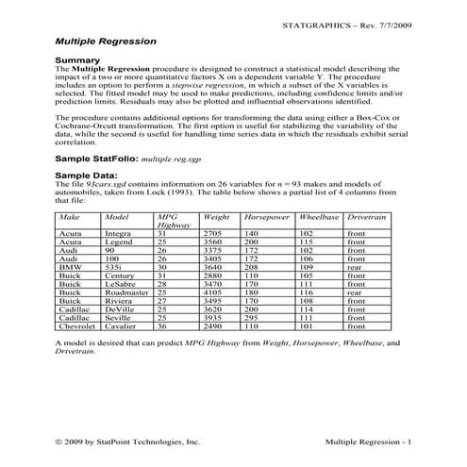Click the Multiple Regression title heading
106,42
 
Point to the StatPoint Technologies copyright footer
127,441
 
